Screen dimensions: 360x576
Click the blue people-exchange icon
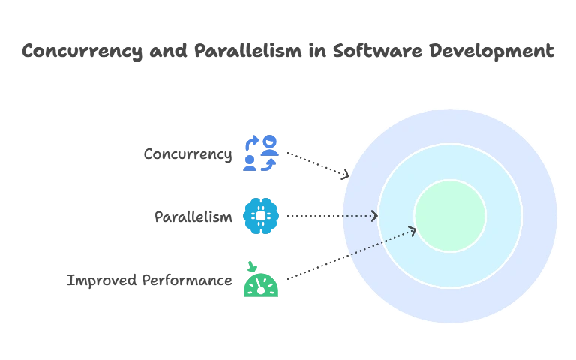point(260,154)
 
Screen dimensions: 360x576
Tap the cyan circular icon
point(261,216)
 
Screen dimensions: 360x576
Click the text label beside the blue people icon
point(189,155)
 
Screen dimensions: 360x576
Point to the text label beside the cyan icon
point(192,217)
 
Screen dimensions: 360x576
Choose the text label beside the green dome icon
point(149,280)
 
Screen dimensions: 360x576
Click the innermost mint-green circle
point(450,216)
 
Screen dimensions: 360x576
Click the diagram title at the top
point(288,52)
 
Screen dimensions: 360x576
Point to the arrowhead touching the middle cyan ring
point(374,216)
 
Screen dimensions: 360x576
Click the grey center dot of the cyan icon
point(261,216)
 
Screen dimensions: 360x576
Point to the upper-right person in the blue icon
point(268,142)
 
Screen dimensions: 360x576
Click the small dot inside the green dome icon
point(260,289)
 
